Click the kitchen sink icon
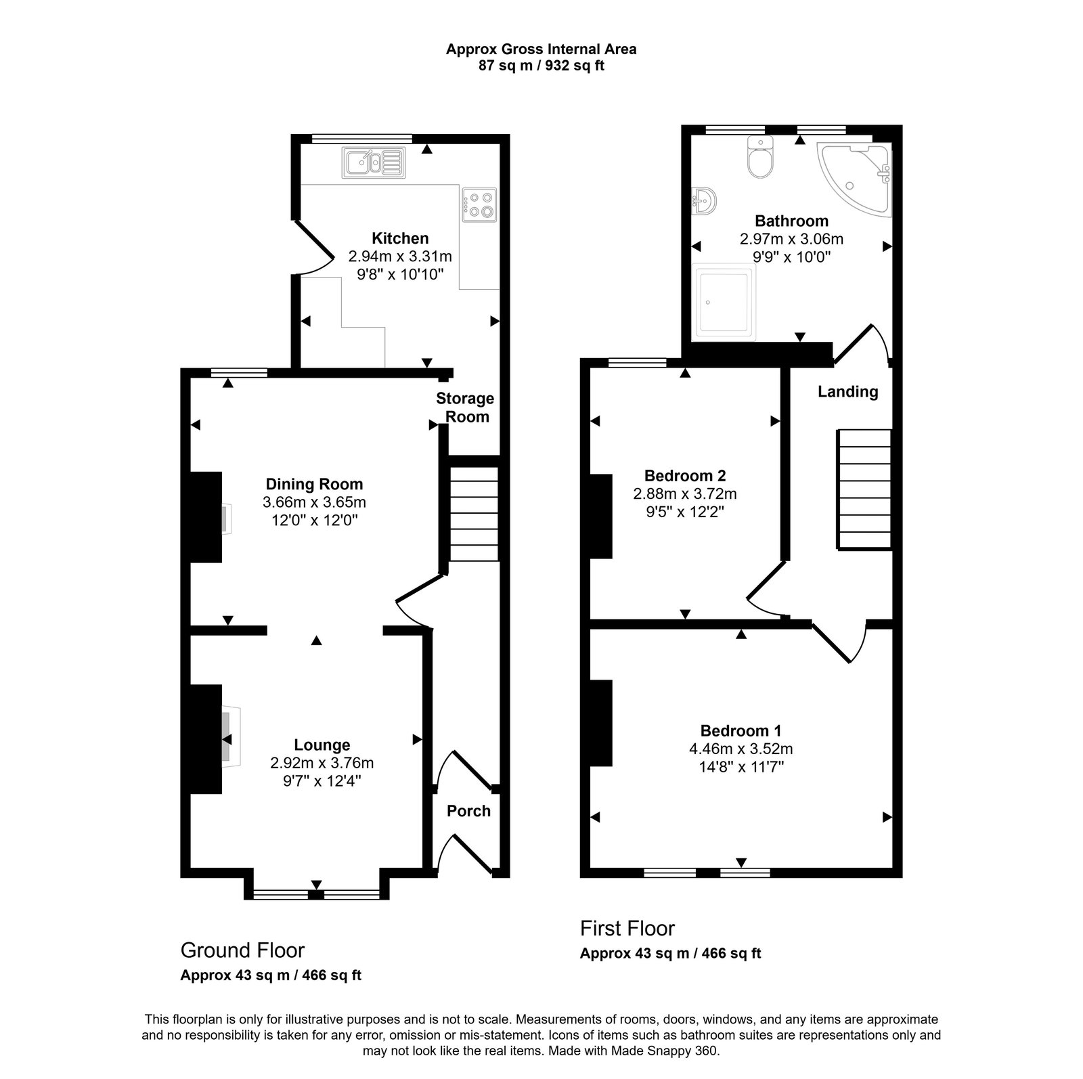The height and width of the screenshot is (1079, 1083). (x=374, y=162)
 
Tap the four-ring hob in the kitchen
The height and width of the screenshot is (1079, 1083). (x=479, y=205)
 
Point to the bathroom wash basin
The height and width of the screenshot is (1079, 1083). (x=703, y=201)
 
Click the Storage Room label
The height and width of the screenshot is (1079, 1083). (x=465, y=408)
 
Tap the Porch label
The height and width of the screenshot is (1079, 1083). (x=468, y=811)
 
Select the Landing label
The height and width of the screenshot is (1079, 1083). (x=847, y=391)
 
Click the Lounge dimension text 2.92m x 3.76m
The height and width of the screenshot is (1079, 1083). (x=322, y=763)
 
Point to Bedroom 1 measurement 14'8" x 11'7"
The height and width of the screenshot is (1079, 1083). (x=741, y=767)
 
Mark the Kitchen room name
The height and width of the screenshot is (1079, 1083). (x=400, y=238)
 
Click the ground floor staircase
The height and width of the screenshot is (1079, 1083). (x=473, y=512)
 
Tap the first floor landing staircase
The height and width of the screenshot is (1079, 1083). (x=864, y=489)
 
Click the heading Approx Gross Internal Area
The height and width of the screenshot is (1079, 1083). (x=541, y=49)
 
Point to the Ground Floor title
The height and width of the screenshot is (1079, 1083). (x=242, y=950)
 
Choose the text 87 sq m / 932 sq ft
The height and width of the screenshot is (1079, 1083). (x=541, y=66)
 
